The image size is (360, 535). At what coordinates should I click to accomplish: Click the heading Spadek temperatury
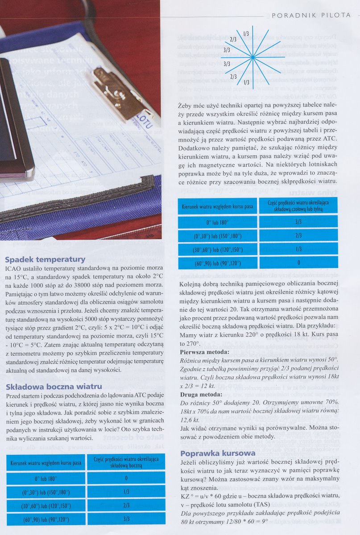45,259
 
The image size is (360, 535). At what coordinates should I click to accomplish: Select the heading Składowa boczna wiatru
54,386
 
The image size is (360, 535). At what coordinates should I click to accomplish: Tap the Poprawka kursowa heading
218,453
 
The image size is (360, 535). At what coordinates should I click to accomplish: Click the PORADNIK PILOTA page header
311,15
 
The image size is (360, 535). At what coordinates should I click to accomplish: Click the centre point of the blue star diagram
252,57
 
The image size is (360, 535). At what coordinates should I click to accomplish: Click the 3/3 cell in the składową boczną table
126,519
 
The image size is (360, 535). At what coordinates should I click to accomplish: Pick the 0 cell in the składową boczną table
126,478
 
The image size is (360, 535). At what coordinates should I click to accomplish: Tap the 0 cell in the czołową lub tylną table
298,263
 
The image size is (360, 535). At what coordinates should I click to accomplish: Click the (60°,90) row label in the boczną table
46,519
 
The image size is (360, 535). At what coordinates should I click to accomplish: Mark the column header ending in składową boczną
126,462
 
